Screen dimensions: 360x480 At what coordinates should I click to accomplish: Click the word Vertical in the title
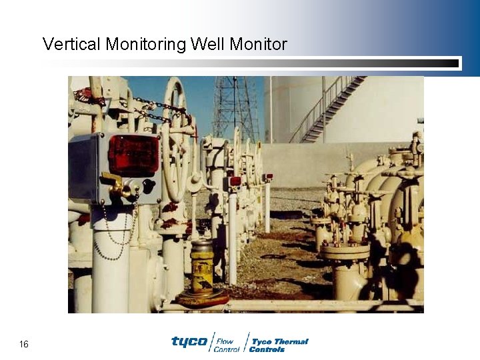point(69,45)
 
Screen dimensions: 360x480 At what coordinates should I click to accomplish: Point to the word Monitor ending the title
point(258,45)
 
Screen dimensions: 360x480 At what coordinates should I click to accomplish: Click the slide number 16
point(24,344)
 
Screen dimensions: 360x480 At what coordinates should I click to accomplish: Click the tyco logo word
point(189,341)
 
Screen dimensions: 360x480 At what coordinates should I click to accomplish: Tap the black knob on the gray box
point(148,186)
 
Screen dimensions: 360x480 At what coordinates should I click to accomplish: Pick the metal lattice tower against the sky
point(235,107)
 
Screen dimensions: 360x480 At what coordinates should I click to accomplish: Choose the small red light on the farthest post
point(268,177)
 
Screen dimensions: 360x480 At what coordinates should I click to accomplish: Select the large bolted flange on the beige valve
point(345,251)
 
